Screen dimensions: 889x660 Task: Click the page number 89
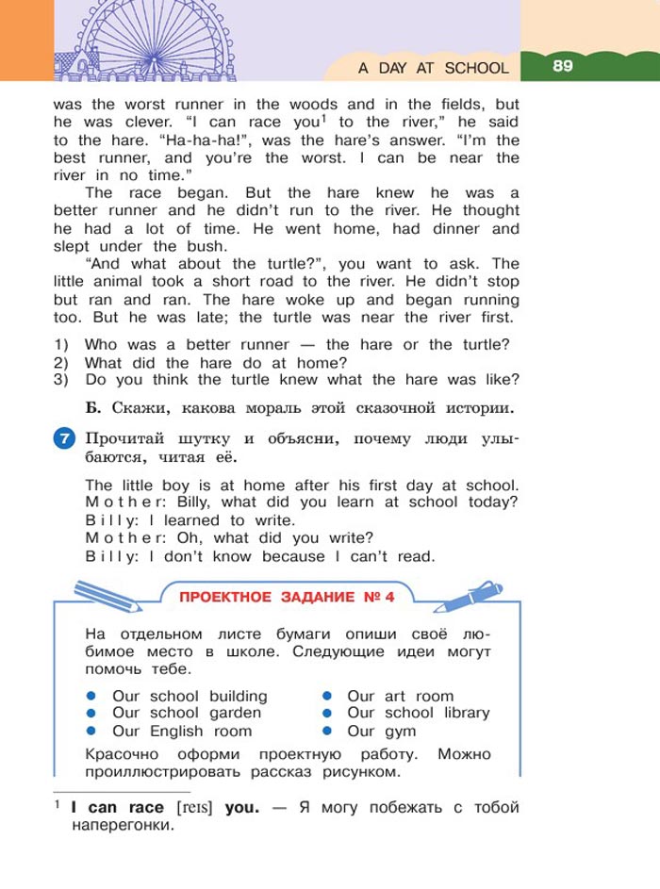(563, 66)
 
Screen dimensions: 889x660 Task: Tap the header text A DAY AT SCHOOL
(433, 68)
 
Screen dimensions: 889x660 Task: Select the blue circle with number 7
(64, 439)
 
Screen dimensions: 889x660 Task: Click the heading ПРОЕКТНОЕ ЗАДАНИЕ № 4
(287, 597)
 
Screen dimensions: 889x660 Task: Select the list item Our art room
(400, 696)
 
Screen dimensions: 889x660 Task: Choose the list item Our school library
(418, 713)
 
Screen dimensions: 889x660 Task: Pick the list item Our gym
(381, 731)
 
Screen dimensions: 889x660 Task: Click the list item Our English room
(182, 731)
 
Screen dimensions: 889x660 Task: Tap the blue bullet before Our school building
(91, 696)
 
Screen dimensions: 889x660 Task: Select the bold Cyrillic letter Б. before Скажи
(91, 408)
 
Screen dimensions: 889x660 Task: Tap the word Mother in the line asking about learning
(113, 502)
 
